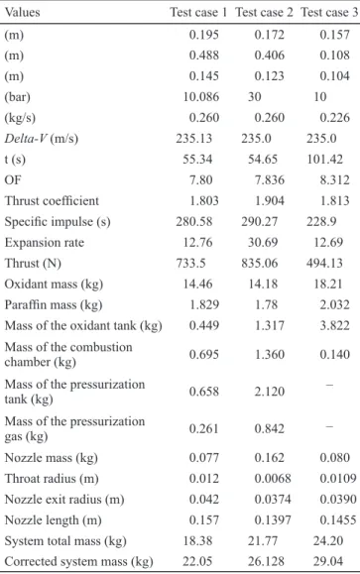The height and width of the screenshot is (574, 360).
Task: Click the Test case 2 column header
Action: point(264,13)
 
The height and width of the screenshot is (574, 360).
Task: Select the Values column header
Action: point(23,13)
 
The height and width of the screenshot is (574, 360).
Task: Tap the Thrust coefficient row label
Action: point(52,201)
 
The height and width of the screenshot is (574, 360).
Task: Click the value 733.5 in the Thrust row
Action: point(190,263)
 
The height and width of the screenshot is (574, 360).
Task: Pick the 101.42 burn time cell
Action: point(325,160)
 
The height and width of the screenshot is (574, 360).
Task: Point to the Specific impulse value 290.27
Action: point(259,222)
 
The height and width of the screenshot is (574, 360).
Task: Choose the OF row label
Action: point(13,180)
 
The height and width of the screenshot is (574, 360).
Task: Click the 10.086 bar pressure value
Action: point(201,97)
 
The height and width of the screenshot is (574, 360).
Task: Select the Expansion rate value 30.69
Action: point(263,242)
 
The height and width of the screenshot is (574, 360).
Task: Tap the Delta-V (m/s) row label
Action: point(42,139)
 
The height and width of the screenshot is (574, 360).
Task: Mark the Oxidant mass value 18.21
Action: point(328,285)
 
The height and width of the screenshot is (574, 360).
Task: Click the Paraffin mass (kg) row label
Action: point(54,305)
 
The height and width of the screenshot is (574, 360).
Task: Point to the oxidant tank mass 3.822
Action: point(335,326)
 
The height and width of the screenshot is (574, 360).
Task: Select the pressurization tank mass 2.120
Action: point(270,392)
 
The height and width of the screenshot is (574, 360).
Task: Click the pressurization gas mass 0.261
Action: point(204,428)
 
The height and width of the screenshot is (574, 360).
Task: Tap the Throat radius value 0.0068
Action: point(273,479)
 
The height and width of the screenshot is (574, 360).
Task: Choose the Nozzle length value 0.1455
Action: point(338,520)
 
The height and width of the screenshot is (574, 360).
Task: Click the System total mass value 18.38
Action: point(197,541)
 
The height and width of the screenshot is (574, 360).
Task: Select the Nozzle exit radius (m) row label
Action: point(64,500)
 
